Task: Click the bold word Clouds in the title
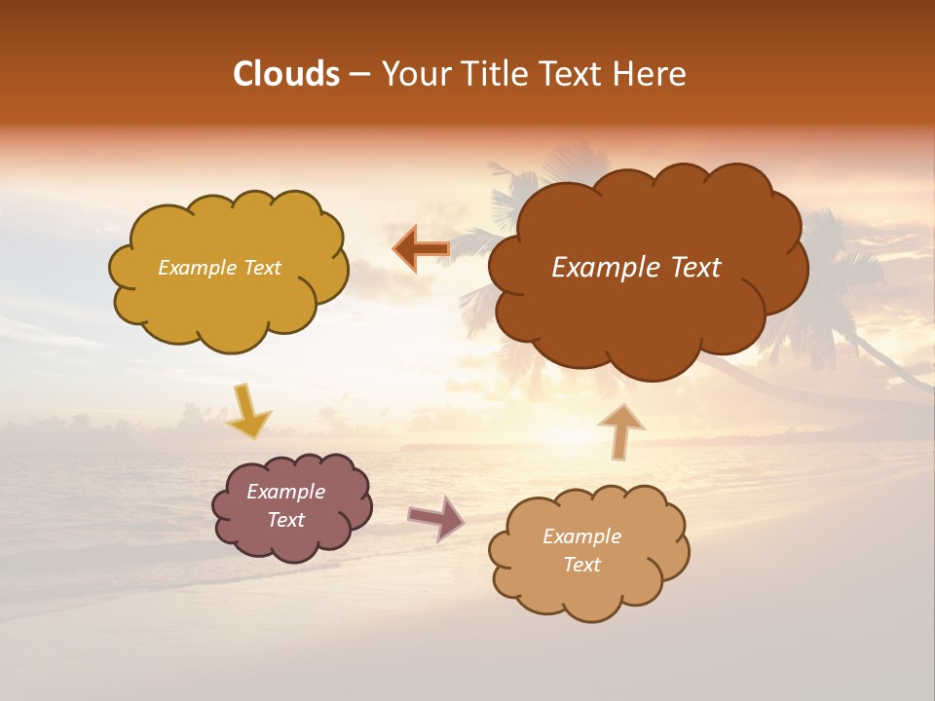pyautogui.click(x=286, y=74)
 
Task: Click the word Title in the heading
pyautogui.click(x=492, y=74)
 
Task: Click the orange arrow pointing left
pyautogui.click(x=421, y=249)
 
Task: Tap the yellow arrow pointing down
pyautogui.click(x=247, y=411)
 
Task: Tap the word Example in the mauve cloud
pyautogui.click(x=285, y=492)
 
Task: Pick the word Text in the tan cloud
pyautogui.click(x=581, y=565)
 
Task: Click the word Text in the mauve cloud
pyautogui.click(x=285, y=520)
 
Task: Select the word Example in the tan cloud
pyautogui.click(x=581, y=536)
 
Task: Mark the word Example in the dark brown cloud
pyautogui.click(x=601, y=268)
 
